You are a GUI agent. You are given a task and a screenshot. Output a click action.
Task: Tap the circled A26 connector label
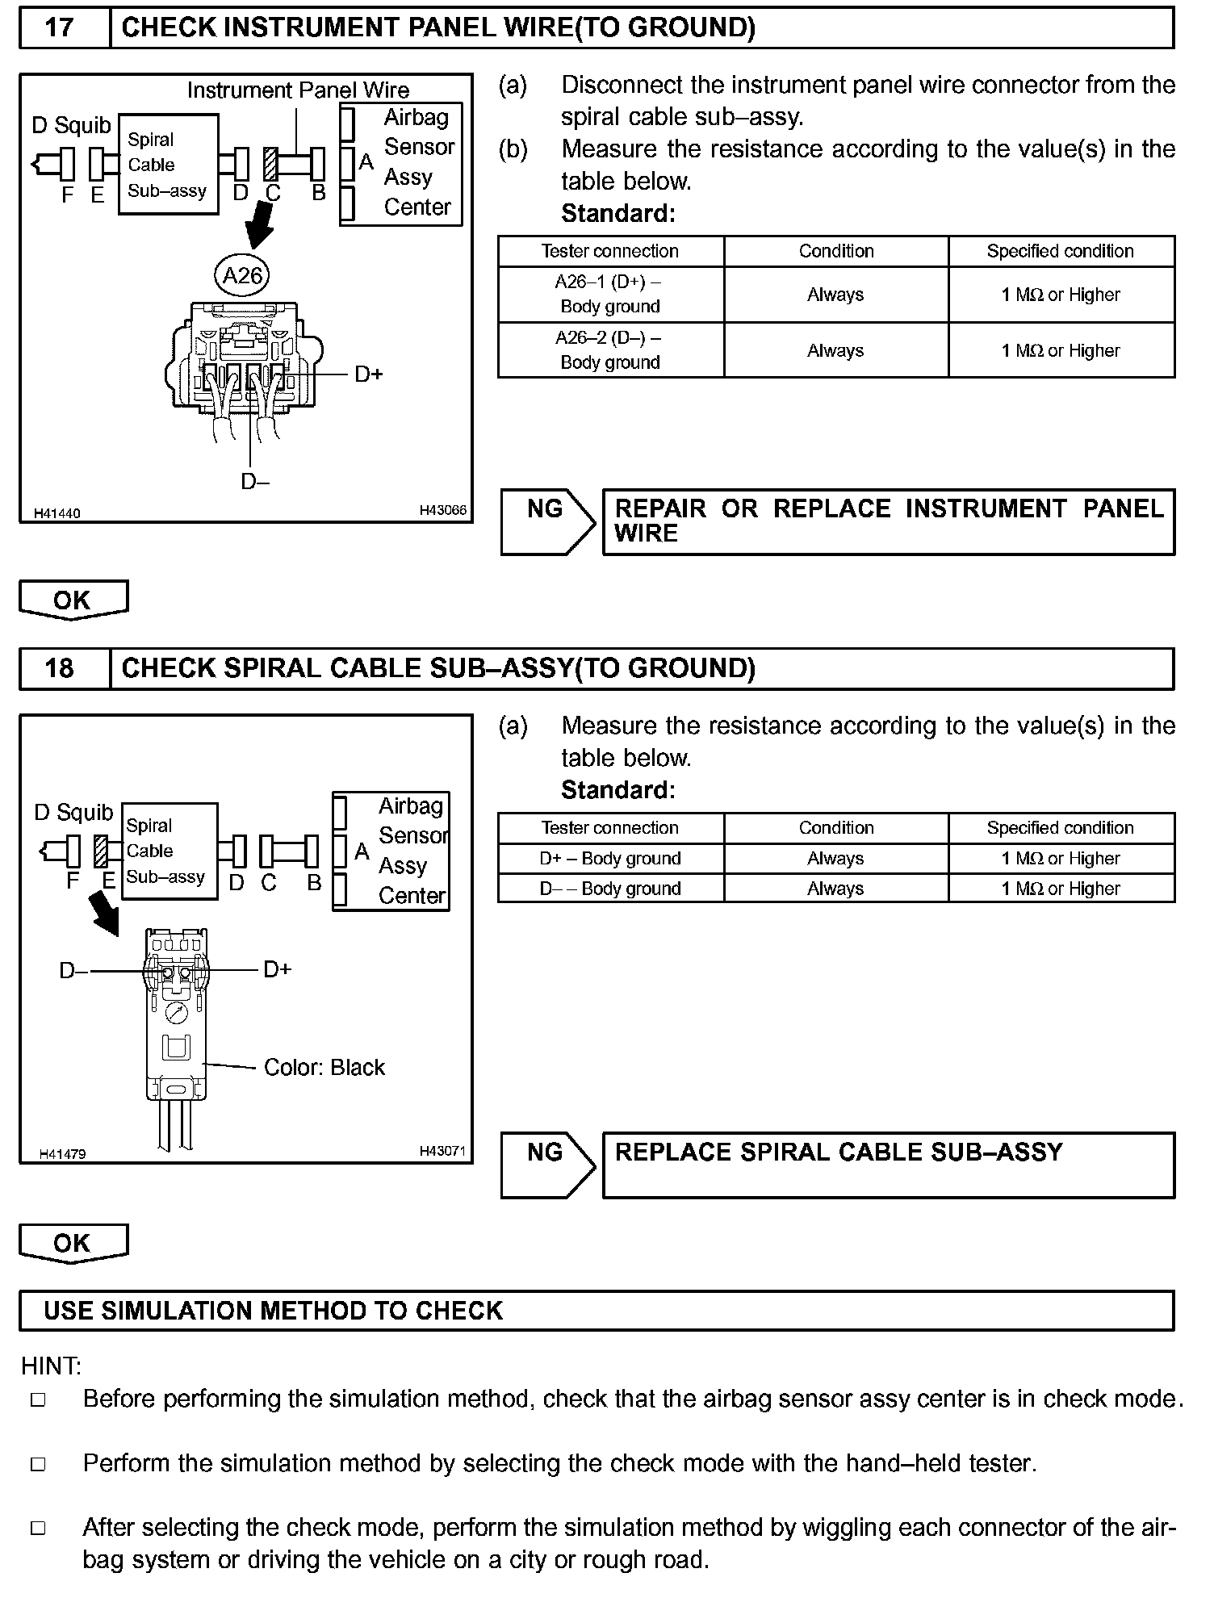click(x=242, y=276)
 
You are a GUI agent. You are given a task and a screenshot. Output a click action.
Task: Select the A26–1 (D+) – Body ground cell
click(x=610, y=295)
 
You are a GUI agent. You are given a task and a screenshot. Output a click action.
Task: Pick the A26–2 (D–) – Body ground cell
click(x=610, y=350)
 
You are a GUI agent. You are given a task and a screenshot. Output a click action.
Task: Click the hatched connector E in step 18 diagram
click(x=102, y=851)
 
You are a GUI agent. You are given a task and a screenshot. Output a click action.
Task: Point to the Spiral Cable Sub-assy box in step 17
click(x=168, y=165)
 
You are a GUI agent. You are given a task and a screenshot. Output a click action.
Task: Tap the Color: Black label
click(x=324, y=1068)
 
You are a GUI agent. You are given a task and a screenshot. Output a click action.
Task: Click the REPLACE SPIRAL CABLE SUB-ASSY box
click(x=888, y=1165)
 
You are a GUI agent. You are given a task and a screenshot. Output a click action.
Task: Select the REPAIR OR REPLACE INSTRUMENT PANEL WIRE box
click(x=888, y=521)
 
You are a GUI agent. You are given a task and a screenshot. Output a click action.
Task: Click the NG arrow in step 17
click(x=547, y=521)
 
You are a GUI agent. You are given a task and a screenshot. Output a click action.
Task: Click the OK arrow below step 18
click(x=73, y=1243)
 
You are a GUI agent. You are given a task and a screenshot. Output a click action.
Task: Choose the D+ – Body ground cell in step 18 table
click(x=610, y=859)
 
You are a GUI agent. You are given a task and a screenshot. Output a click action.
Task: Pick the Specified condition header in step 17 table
click(x=1061, y=251)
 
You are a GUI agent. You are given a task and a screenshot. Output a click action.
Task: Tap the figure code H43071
click(x=442, y=1152)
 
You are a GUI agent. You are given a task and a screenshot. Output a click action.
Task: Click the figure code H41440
click(x=57, y=513)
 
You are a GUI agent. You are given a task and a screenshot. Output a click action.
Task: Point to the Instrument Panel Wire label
click(x=298, y=90)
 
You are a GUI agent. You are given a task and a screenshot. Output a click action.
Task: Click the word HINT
click(x=51, y=1366)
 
